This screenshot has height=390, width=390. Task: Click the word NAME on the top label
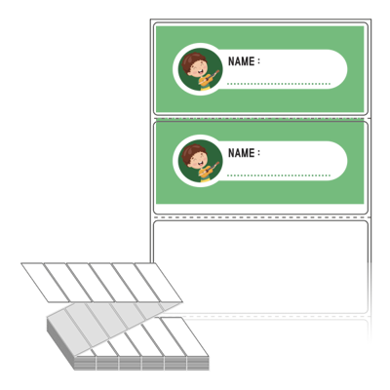(241, 61)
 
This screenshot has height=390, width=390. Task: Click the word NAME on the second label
(241, 153)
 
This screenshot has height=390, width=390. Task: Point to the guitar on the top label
(209, 78)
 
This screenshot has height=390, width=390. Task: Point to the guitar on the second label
(209, 170)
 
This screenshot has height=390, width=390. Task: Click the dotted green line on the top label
(279, 84)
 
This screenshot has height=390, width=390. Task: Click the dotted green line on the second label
(279, 175)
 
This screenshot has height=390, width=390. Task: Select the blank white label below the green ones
(260, 266)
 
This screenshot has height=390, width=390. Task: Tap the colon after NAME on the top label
(258, 61)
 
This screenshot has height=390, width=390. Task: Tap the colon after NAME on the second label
(258, 153)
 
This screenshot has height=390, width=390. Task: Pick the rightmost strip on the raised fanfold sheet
(158, 283)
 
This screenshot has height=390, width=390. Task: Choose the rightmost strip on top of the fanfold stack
(184, 336)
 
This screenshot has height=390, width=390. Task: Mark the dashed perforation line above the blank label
(261, 217)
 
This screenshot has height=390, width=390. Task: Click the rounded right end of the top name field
(339, 69)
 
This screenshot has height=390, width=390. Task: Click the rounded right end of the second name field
(339, 161)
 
